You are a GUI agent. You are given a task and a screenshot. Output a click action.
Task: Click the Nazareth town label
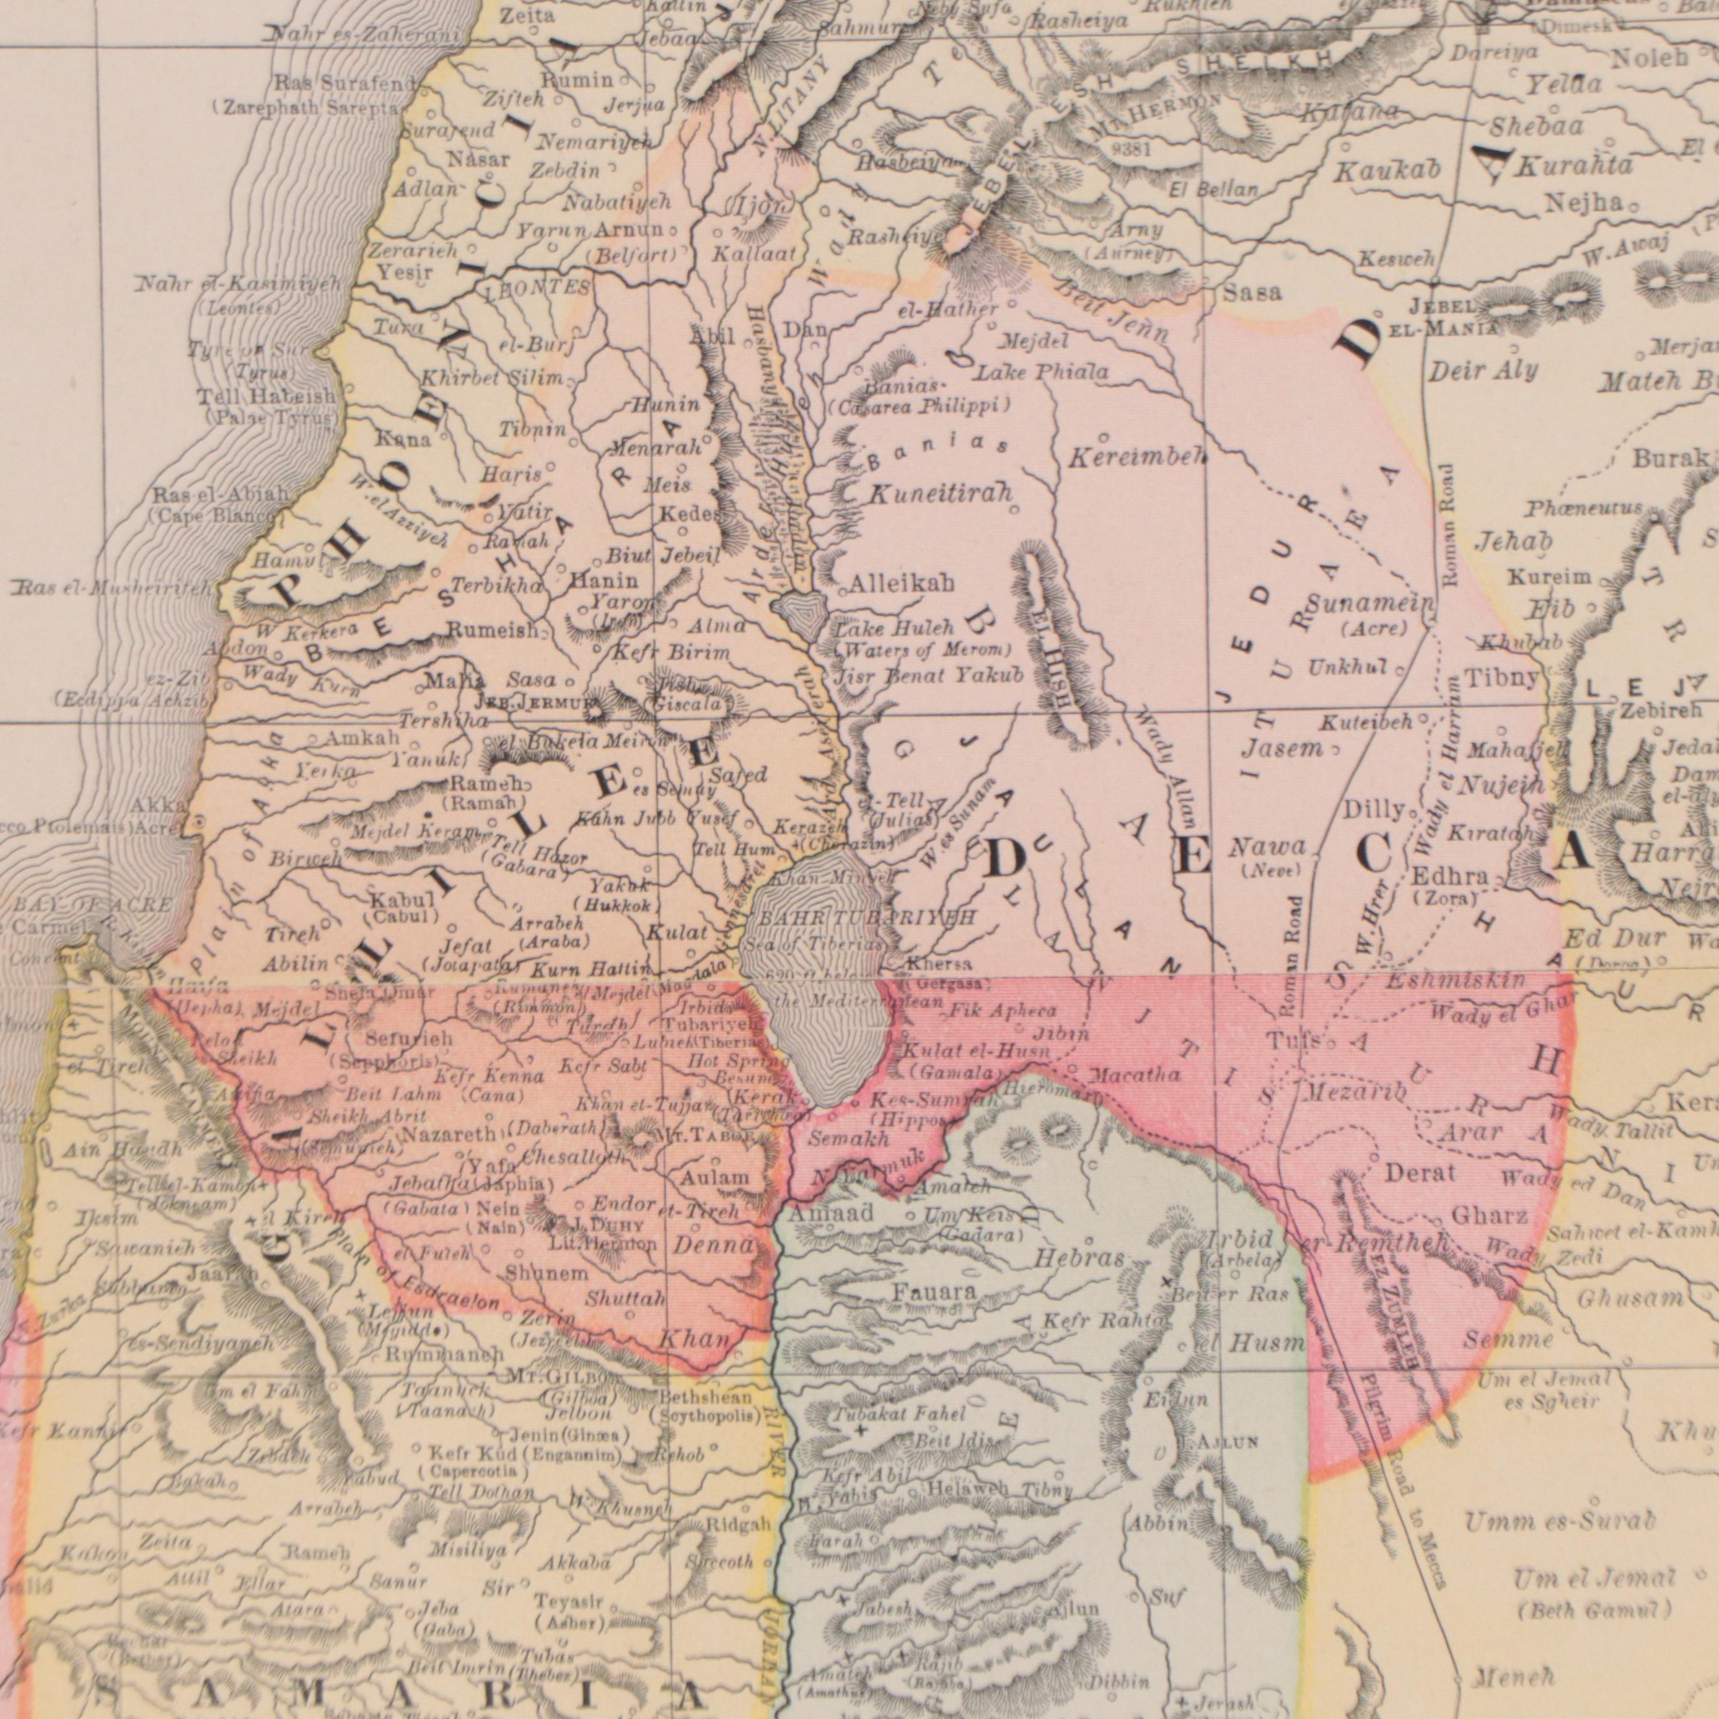449,1135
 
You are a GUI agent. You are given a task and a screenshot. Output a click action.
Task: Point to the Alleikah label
902,584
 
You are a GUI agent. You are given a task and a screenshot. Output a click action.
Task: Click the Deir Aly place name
1483,370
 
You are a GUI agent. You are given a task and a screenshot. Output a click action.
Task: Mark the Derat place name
1420,1173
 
